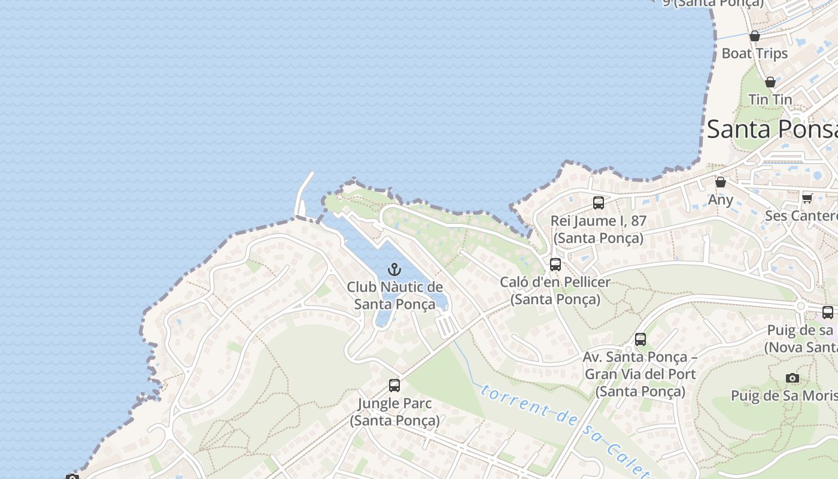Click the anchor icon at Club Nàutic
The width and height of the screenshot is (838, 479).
coord(394,269)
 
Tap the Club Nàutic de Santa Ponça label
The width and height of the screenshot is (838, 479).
coord(395,295)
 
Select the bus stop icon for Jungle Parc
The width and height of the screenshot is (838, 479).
coord(394,386)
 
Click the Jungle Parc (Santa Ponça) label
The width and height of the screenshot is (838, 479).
coord(395,412)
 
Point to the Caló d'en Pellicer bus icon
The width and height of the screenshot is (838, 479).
coord(555,264)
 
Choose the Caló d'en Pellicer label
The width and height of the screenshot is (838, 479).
coord(555,290)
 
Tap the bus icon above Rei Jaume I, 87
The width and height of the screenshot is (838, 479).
coord(599,203)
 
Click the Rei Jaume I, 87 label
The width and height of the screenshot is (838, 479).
coord(599,229)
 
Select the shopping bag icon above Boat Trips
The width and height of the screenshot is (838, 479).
coord(755,36)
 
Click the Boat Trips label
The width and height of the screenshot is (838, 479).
coord(755,53)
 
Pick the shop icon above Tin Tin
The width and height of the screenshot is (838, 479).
coord(770,82)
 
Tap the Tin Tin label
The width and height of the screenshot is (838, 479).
coord(770,99)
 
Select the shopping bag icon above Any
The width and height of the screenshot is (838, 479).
coord(721,182)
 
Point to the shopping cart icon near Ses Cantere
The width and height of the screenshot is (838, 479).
coord(807,198)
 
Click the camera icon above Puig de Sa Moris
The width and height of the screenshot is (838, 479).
coord(793,378)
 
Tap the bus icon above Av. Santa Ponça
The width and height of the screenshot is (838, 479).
coord(640,339)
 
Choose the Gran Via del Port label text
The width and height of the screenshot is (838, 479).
coord(640,374)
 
